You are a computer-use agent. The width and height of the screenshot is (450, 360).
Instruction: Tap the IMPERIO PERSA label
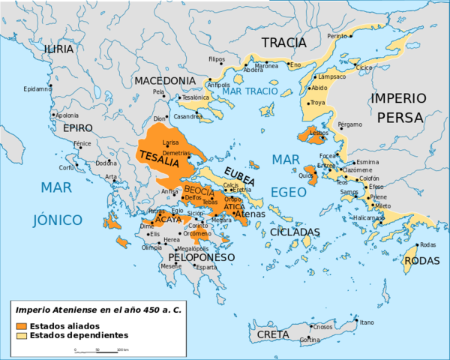point(400,108)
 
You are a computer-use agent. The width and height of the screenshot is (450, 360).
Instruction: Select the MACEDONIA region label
point(165,80)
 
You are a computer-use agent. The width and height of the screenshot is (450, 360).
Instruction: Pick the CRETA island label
point(273,334)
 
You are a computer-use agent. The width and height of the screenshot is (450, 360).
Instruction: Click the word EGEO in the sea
point(288,192)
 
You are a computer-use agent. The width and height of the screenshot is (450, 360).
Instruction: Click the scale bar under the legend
point(97,349)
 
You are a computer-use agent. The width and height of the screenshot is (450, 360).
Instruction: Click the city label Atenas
point(249,214)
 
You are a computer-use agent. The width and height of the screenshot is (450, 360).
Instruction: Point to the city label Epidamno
point(37,88)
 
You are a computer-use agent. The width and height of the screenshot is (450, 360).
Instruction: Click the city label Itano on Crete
point(366,322)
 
